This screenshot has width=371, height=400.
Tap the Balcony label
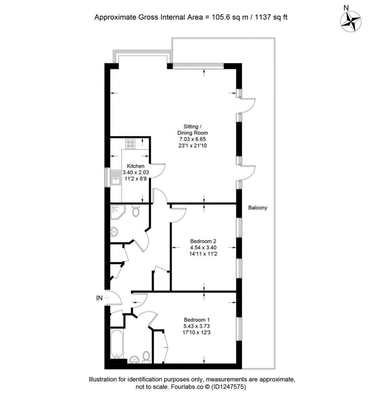click(x=258, y=208)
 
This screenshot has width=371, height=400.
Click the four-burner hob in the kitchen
click(x=130, y=144)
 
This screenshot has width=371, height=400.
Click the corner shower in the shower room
click(x=117, y=212)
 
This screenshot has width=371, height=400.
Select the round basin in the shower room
click(x=114, y=232)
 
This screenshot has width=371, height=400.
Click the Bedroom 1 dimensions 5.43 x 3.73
click(x=196, y=326)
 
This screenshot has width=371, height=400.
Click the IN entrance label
click(x=99, y=298)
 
